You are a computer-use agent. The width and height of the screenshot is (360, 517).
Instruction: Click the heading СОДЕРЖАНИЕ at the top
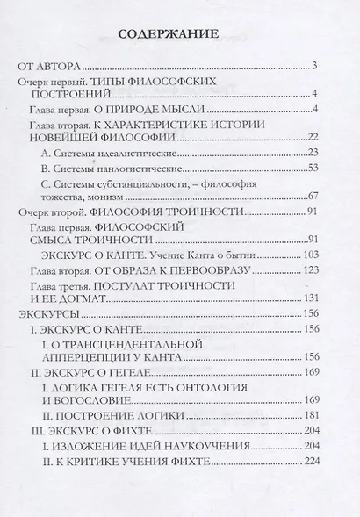click(179, 36)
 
